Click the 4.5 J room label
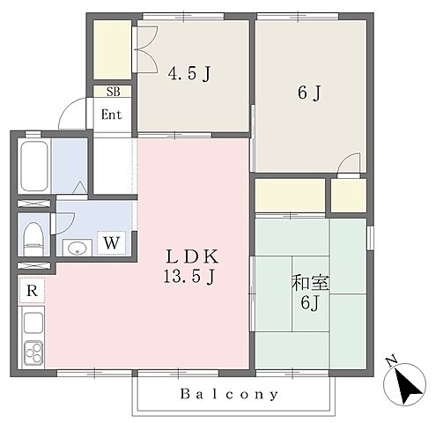pos(189,73)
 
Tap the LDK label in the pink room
pos(192,256)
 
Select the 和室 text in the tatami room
pos(310,283)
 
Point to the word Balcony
pos(229,394)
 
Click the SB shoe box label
pos(114,92)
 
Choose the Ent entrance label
pos(111,115)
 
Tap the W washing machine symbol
pos(112,242)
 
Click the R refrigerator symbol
pos(33,290)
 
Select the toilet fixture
pos(33,239)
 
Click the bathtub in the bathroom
pos(34,166)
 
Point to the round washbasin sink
pos(78,249)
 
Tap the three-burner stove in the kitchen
pos(33,352)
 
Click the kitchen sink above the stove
pos(33,323)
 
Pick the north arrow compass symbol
pos(404,384)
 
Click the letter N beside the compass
pos(391,361)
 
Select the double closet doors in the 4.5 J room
pos(146,49)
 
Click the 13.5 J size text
pos(189,277)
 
